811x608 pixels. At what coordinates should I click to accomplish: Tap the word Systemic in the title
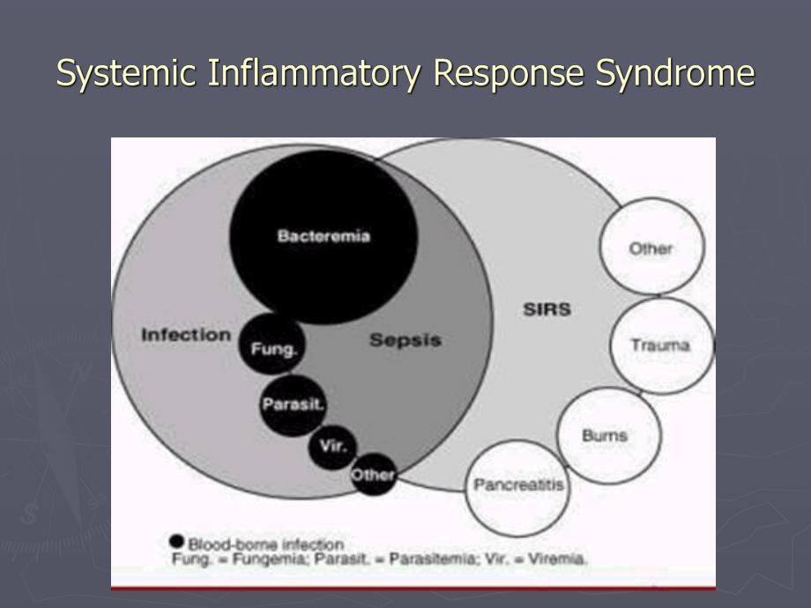(x=126, y=73)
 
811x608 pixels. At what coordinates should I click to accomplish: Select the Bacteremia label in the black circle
(x=324, y=236)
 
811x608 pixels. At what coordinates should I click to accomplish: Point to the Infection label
(x=186, y=335)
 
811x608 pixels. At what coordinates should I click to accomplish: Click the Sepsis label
(x=405, y=339)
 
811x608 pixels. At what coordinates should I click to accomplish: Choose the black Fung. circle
(x=274, y=346)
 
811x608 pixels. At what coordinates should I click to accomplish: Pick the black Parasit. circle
(x=293, y=404)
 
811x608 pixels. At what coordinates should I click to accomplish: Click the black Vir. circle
(x=332, y=446)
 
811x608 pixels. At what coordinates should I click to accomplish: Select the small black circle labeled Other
(x=372, y=475)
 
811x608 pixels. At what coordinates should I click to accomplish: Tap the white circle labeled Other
(x=651, y=248)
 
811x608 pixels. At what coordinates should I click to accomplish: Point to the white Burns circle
(x=606, y=435)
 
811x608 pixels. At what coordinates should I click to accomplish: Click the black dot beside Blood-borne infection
(x=176, y=541)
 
